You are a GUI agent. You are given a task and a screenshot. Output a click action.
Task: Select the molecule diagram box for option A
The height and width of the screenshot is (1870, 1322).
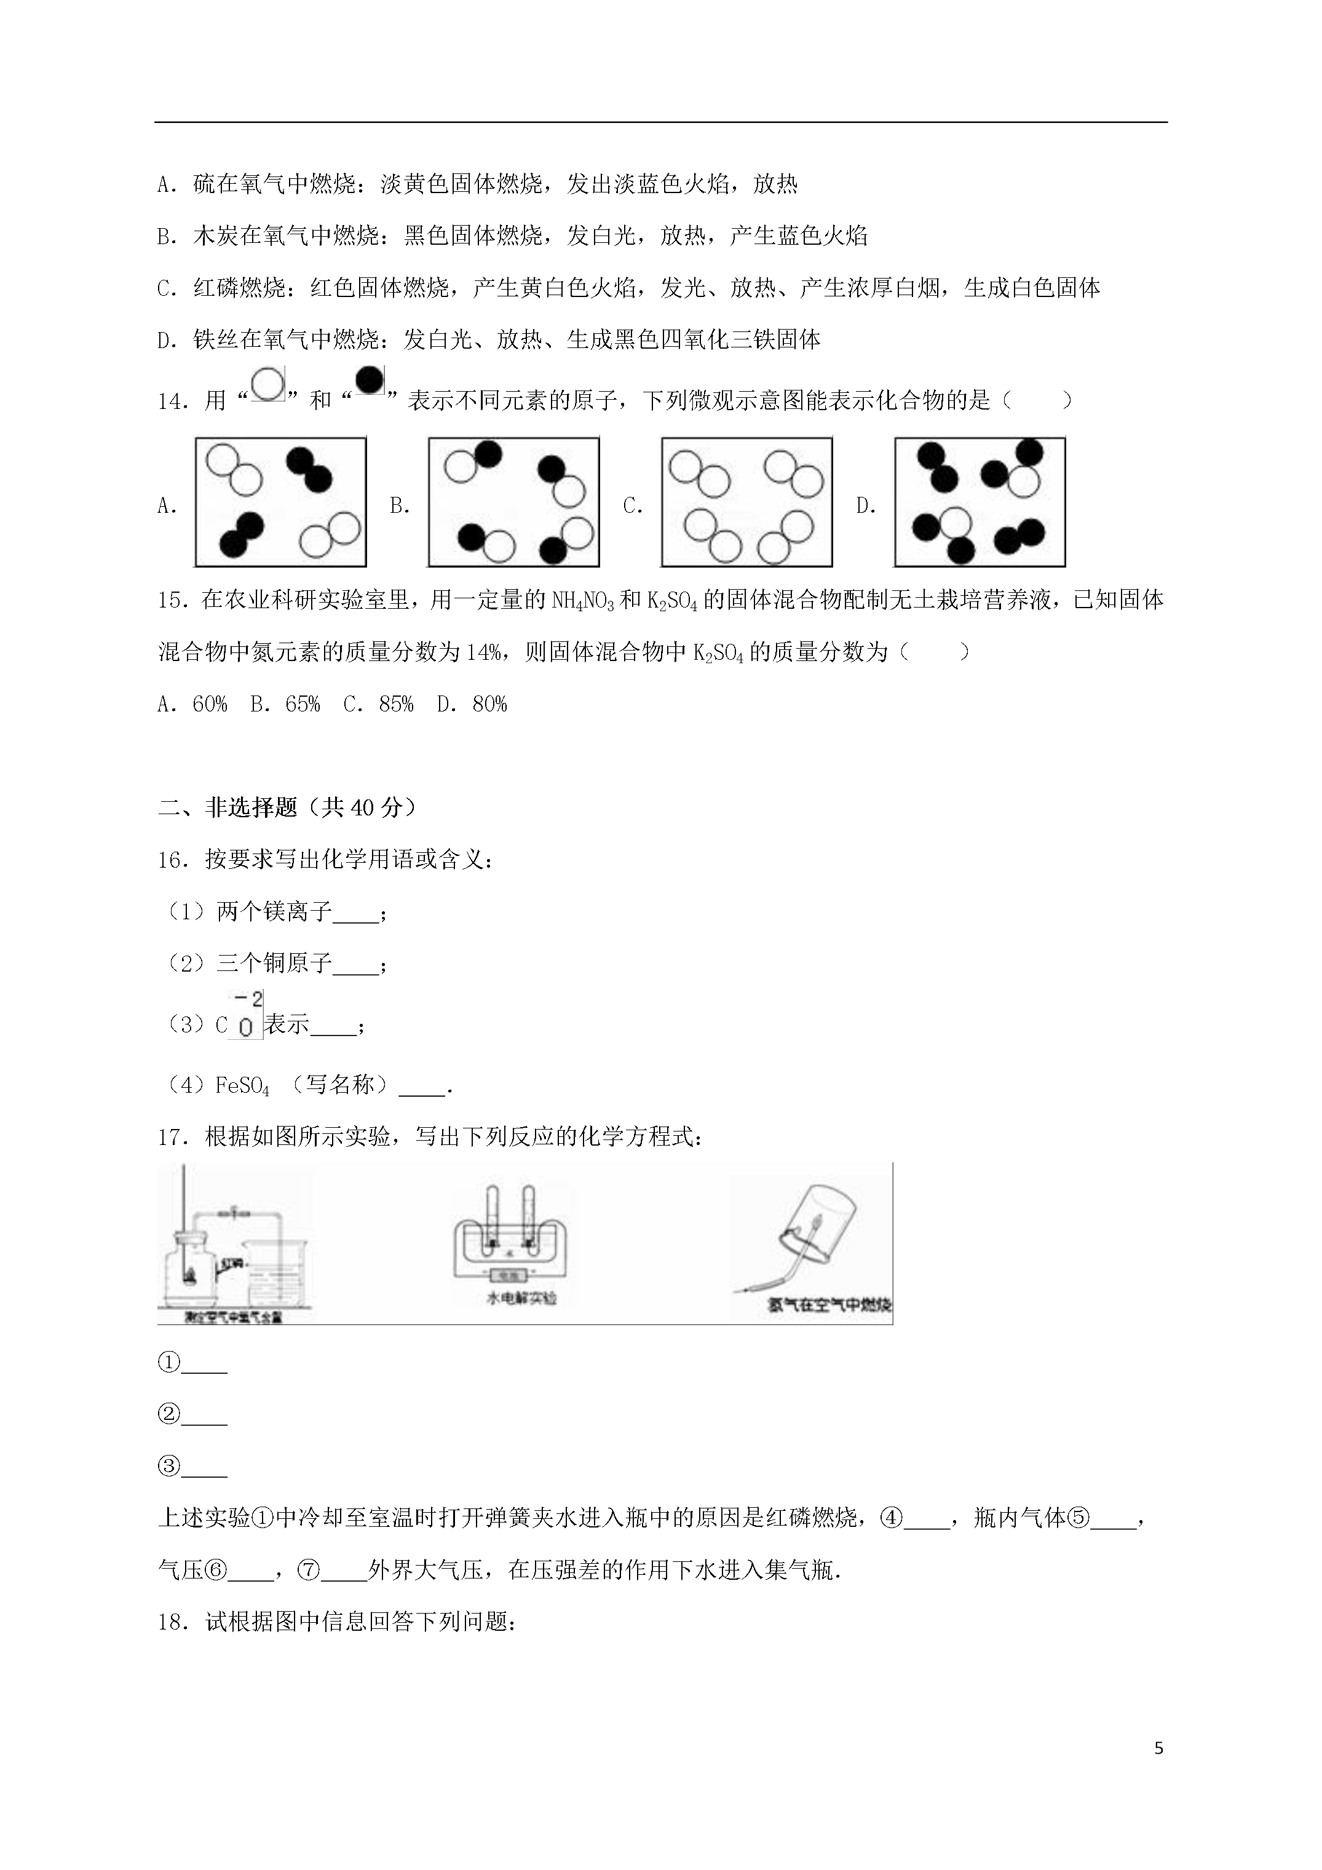(x=280, y=502)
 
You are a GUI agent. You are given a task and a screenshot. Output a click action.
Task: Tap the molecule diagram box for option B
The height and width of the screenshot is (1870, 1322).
(x=513, y=502)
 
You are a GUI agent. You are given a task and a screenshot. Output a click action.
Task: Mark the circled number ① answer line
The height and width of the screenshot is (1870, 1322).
(x=192, y=1363)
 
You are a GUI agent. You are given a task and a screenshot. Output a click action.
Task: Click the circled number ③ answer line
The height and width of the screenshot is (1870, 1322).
(x=192, y=1467)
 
